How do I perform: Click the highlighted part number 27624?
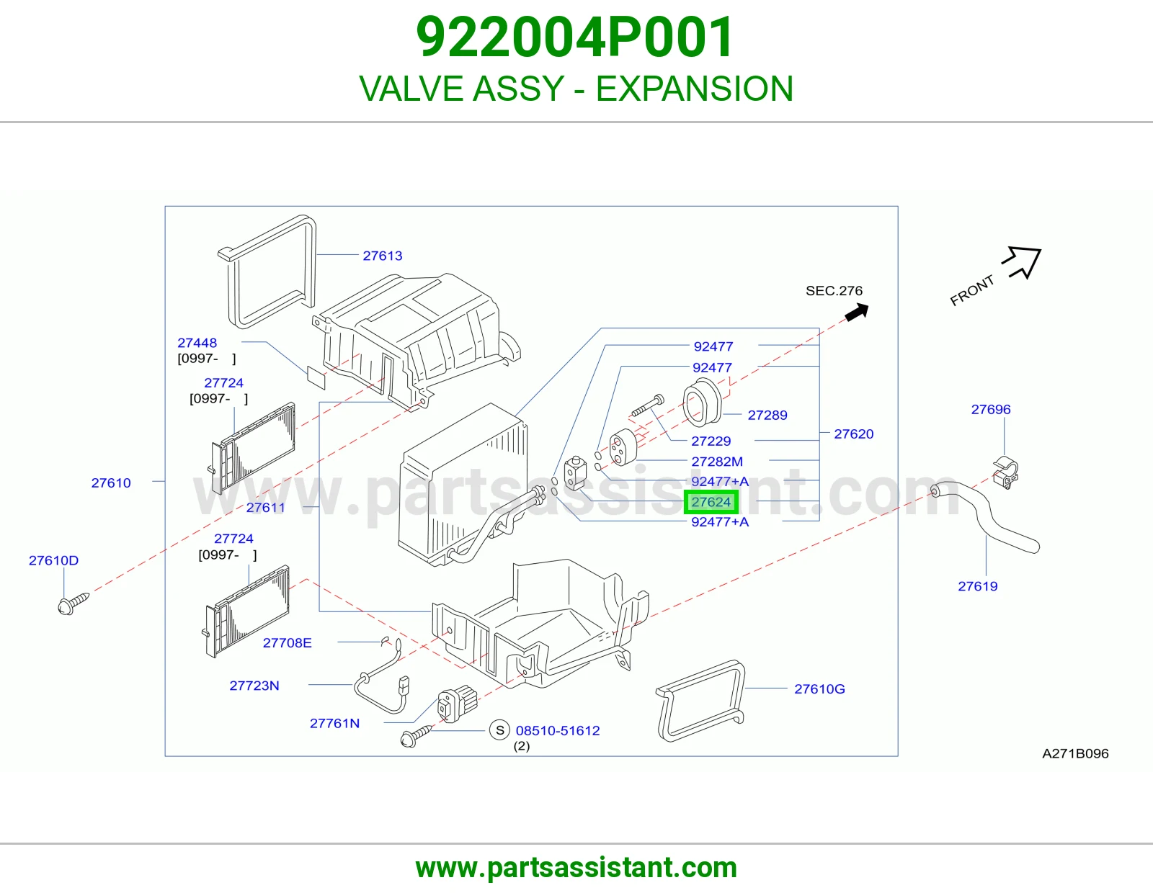coord(711,502)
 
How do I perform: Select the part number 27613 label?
coord(382,256)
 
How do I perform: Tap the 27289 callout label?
coord(767,415)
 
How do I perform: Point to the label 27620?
coord(853,434)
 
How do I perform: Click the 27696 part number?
coord(991,409)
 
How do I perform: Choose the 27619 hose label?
coord(977,586)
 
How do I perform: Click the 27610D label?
coord(53,560)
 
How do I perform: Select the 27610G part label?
coord(819,689)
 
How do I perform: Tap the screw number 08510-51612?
coord(558,731)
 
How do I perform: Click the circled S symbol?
coord(499,730)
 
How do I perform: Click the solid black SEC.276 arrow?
coord(856,312)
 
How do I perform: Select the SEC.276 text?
coord(834,291)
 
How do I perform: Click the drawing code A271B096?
coord(1075,753)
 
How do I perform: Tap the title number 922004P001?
coord(575,37)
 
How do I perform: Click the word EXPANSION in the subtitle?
coord(694,89)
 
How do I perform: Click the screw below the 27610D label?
coord(73,604)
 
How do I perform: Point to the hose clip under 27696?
coord(1005,472)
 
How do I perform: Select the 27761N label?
coord(334,723)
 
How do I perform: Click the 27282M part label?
coord(716,462)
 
